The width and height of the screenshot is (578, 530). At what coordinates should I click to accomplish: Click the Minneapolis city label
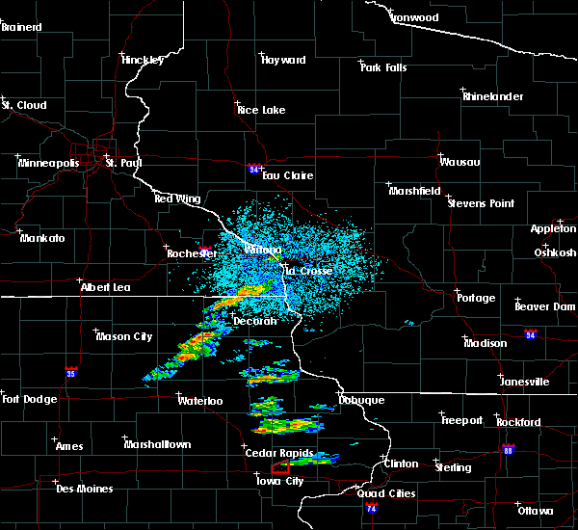(49, 163)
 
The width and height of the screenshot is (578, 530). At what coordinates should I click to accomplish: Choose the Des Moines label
(84, 489)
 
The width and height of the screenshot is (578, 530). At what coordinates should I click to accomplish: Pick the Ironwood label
(414, 17)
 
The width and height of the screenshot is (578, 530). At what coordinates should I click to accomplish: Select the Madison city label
(485, 343)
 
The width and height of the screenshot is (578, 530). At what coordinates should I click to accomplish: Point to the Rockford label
(518, 422)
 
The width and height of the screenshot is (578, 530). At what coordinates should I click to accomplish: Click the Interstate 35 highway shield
(70, 370)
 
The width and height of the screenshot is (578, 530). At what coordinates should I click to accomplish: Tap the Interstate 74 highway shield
(373, 508)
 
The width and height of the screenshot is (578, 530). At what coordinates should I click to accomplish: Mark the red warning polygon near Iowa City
(280, 467)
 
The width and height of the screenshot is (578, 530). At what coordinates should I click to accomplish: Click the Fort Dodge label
(29, 399)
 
